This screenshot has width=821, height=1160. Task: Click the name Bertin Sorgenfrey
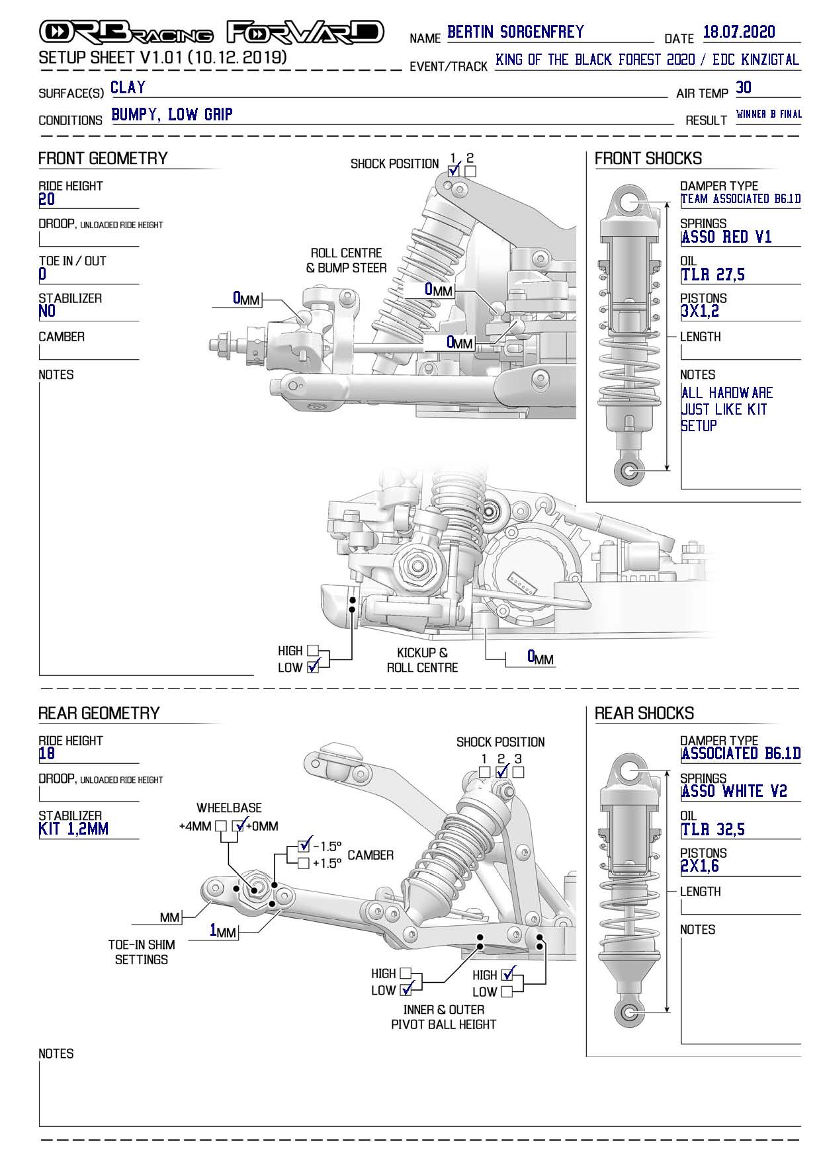[x=515, y=32]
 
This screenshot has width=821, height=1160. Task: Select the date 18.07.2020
[x=739, y=32]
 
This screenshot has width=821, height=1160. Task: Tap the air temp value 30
[x=744, y=88]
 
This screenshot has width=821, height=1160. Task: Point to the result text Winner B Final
[x=768, y=114]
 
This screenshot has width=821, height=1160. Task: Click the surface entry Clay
[x=128, y=88]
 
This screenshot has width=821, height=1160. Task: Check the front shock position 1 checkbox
[x=454, y=171]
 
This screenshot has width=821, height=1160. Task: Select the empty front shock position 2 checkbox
[x=470, y=171]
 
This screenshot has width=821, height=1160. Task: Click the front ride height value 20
[x=47, y=200]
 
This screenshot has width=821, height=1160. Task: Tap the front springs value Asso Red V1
[x=726, y=237]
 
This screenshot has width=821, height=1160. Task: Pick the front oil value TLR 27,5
[x=713, y=275]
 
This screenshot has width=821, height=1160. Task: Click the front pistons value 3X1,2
[x=699, y=311]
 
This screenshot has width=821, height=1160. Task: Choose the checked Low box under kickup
[x=313, y=667]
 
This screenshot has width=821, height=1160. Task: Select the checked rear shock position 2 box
[x=501, y=772]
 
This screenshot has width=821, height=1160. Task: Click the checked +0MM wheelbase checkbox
[x=238, y=826]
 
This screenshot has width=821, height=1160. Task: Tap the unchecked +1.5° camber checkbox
[x=304, y=863]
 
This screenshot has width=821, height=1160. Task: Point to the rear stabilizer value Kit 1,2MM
[x=73, y=829]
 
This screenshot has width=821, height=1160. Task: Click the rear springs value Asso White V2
[x=734, y=792]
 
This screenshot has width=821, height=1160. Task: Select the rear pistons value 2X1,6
[x=699, y=866]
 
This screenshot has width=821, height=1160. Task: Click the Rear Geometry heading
[x=99, y=713]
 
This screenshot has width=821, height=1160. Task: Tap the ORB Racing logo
[x=126, y=32]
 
